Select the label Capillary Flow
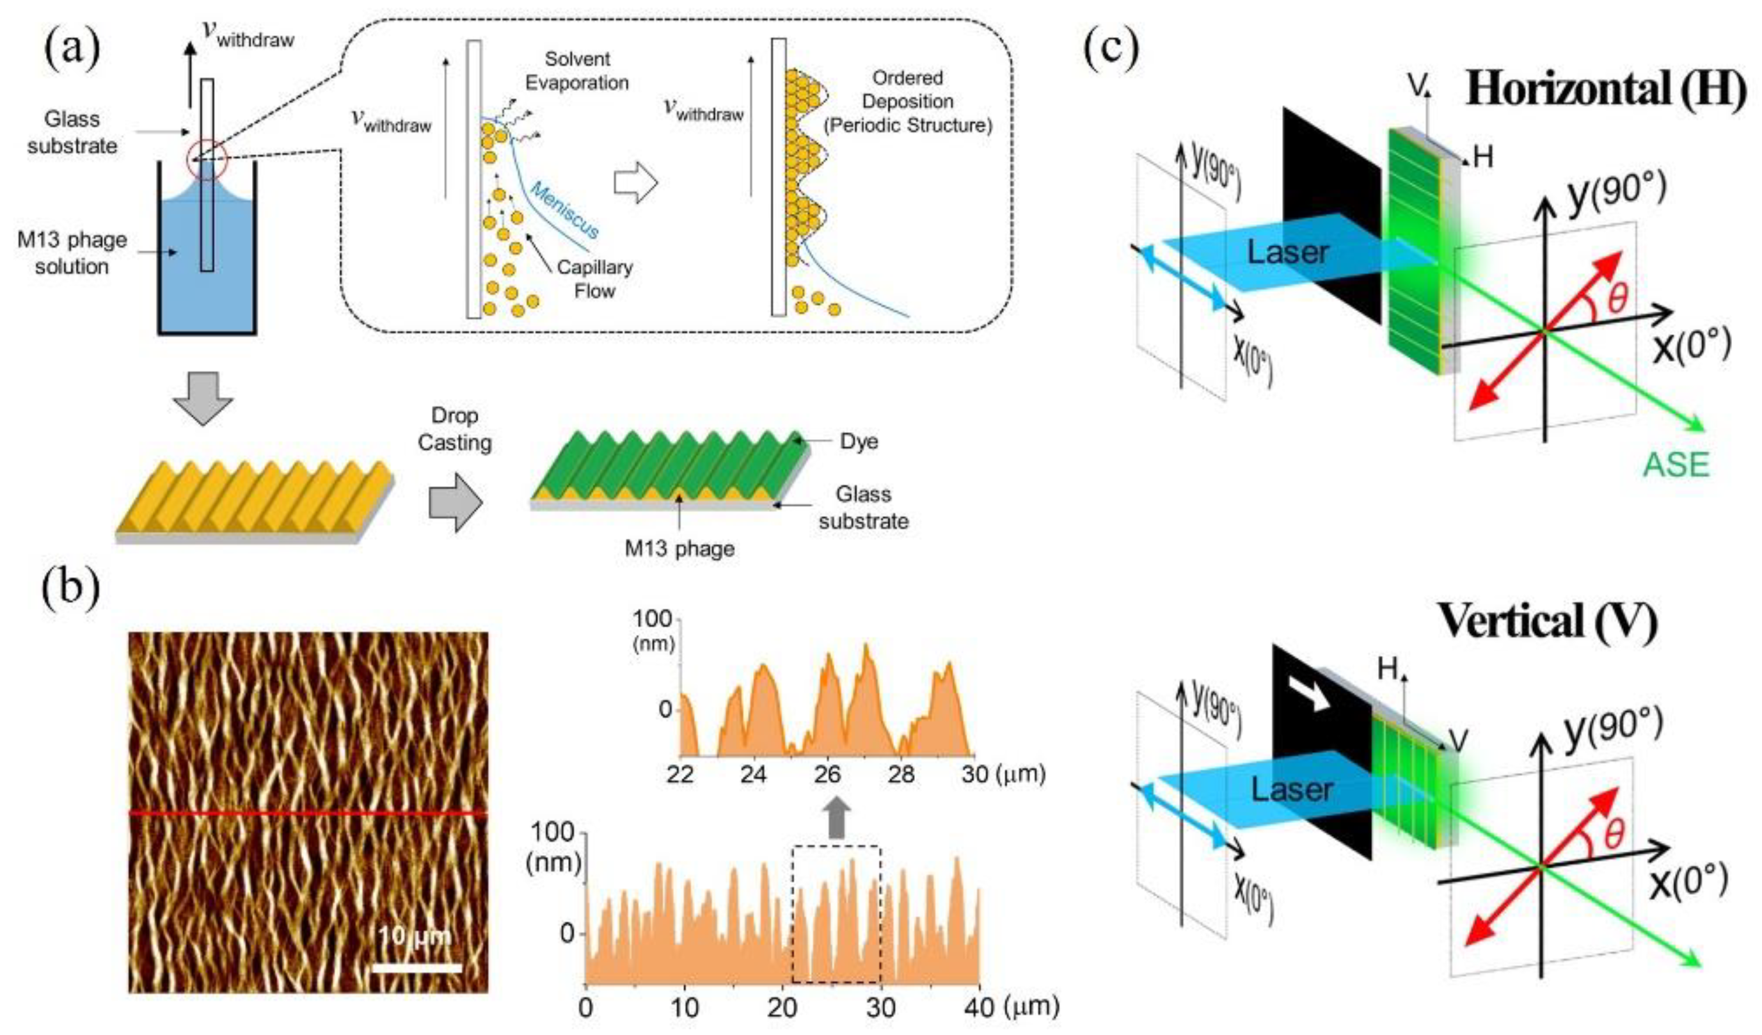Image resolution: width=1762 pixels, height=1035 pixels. click(594, 278)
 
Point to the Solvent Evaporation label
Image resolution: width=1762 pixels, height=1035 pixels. click(577, 70)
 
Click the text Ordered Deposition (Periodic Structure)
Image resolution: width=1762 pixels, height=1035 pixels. click(908, 101)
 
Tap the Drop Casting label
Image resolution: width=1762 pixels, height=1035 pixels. click(454, 429)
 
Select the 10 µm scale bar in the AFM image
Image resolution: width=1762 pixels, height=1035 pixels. click(417, 968)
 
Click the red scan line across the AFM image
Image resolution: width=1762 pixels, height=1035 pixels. click(308, 814)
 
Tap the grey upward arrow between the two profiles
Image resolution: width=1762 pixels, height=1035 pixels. click(838, 818)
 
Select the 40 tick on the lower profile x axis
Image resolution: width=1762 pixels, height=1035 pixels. click(978, 1007)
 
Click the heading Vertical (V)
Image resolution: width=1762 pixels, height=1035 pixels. click(1546, 620)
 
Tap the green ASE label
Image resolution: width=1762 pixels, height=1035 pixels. click(1676, 464)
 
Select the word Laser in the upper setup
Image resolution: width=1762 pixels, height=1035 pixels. click(1288, 252)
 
